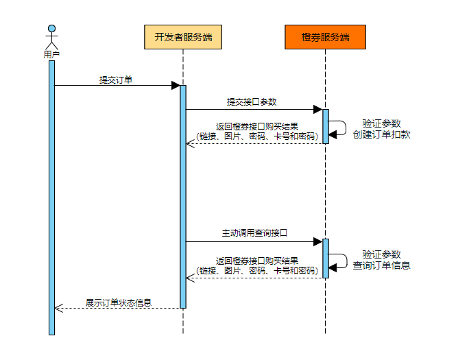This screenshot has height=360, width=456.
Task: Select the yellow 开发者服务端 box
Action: (x=183, y=37)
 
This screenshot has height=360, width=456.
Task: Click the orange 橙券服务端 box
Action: (x=325, y=37)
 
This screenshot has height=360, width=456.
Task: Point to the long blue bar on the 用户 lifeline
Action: (x=51, y=199)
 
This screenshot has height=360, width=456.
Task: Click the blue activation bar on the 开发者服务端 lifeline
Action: (x=183, y=195)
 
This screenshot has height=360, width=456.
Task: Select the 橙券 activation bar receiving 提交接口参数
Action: (x=326, y=126)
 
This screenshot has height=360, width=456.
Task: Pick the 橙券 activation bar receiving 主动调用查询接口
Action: (x=326, y=258)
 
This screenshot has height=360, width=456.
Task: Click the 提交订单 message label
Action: (x=116, y=80)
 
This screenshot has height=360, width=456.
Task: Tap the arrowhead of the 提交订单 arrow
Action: (x=176, y=86)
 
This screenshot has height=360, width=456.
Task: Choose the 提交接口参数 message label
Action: (x=252, y=101)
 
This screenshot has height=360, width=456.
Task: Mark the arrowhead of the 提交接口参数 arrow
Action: (x=318, y=109)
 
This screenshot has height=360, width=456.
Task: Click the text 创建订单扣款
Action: (x=382, y=134)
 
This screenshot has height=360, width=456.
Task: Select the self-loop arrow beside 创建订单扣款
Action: (x=339, y=128)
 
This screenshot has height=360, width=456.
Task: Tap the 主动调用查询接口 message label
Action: (x=254, y=233)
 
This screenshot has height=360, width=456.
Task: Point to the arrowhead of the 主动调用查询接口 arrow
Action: (x=318, y=241)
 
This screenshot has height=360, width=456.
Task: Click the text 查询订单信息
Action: (x=382, y=265)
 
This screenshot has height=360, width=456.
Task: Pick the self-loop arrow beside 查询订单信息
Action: (x=339, y=260)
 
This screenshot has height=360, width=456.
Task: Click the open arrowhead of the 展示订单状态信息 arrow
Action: (x=58, y=308)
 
